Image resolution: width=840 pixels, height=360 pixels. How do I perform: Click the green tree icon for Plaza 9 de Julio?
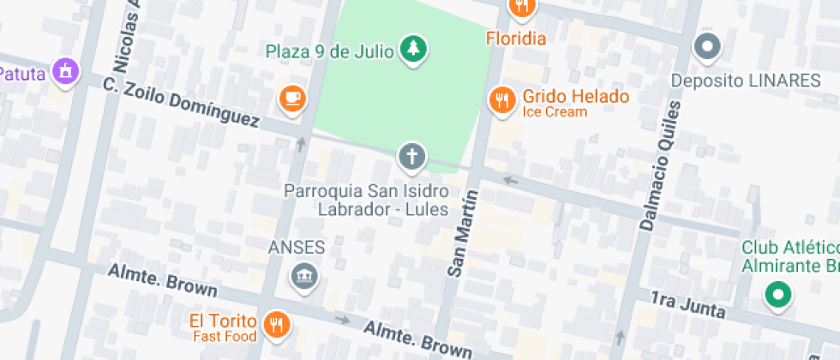coord(415,50)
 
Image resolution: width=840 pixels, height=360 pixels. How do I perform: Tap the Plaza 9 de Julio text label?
coord(329,51)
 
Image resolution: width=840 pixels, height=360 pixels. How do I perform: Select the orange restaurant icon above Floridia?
coord(522,8)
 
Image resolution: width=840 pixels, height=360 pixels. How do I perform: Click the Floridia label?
coord(516,38)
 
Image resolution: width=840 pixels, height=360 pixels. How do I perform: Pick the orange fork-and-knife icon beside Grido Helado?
coord(501,101)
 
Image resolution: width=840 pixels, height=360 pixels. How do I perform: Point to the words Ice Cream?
coord(555,112)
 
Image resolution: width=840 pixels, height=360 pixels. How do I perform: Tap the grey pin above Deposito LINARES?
coord(708,48)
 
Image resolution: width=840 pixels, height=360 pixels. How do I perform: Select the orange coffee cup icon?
coord(292,99)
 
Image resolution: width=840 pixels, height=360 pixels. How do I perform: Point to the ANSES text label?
coord(297,248)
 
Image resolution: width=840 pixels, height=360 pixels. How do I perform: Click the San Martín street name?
coord(464,234)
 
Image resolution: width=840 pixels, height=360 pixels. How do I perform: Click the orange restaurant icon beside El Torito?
coord(276,324)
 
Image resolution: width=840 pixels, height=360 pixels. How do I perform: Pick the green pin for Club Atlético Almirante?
coord(777,296)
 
